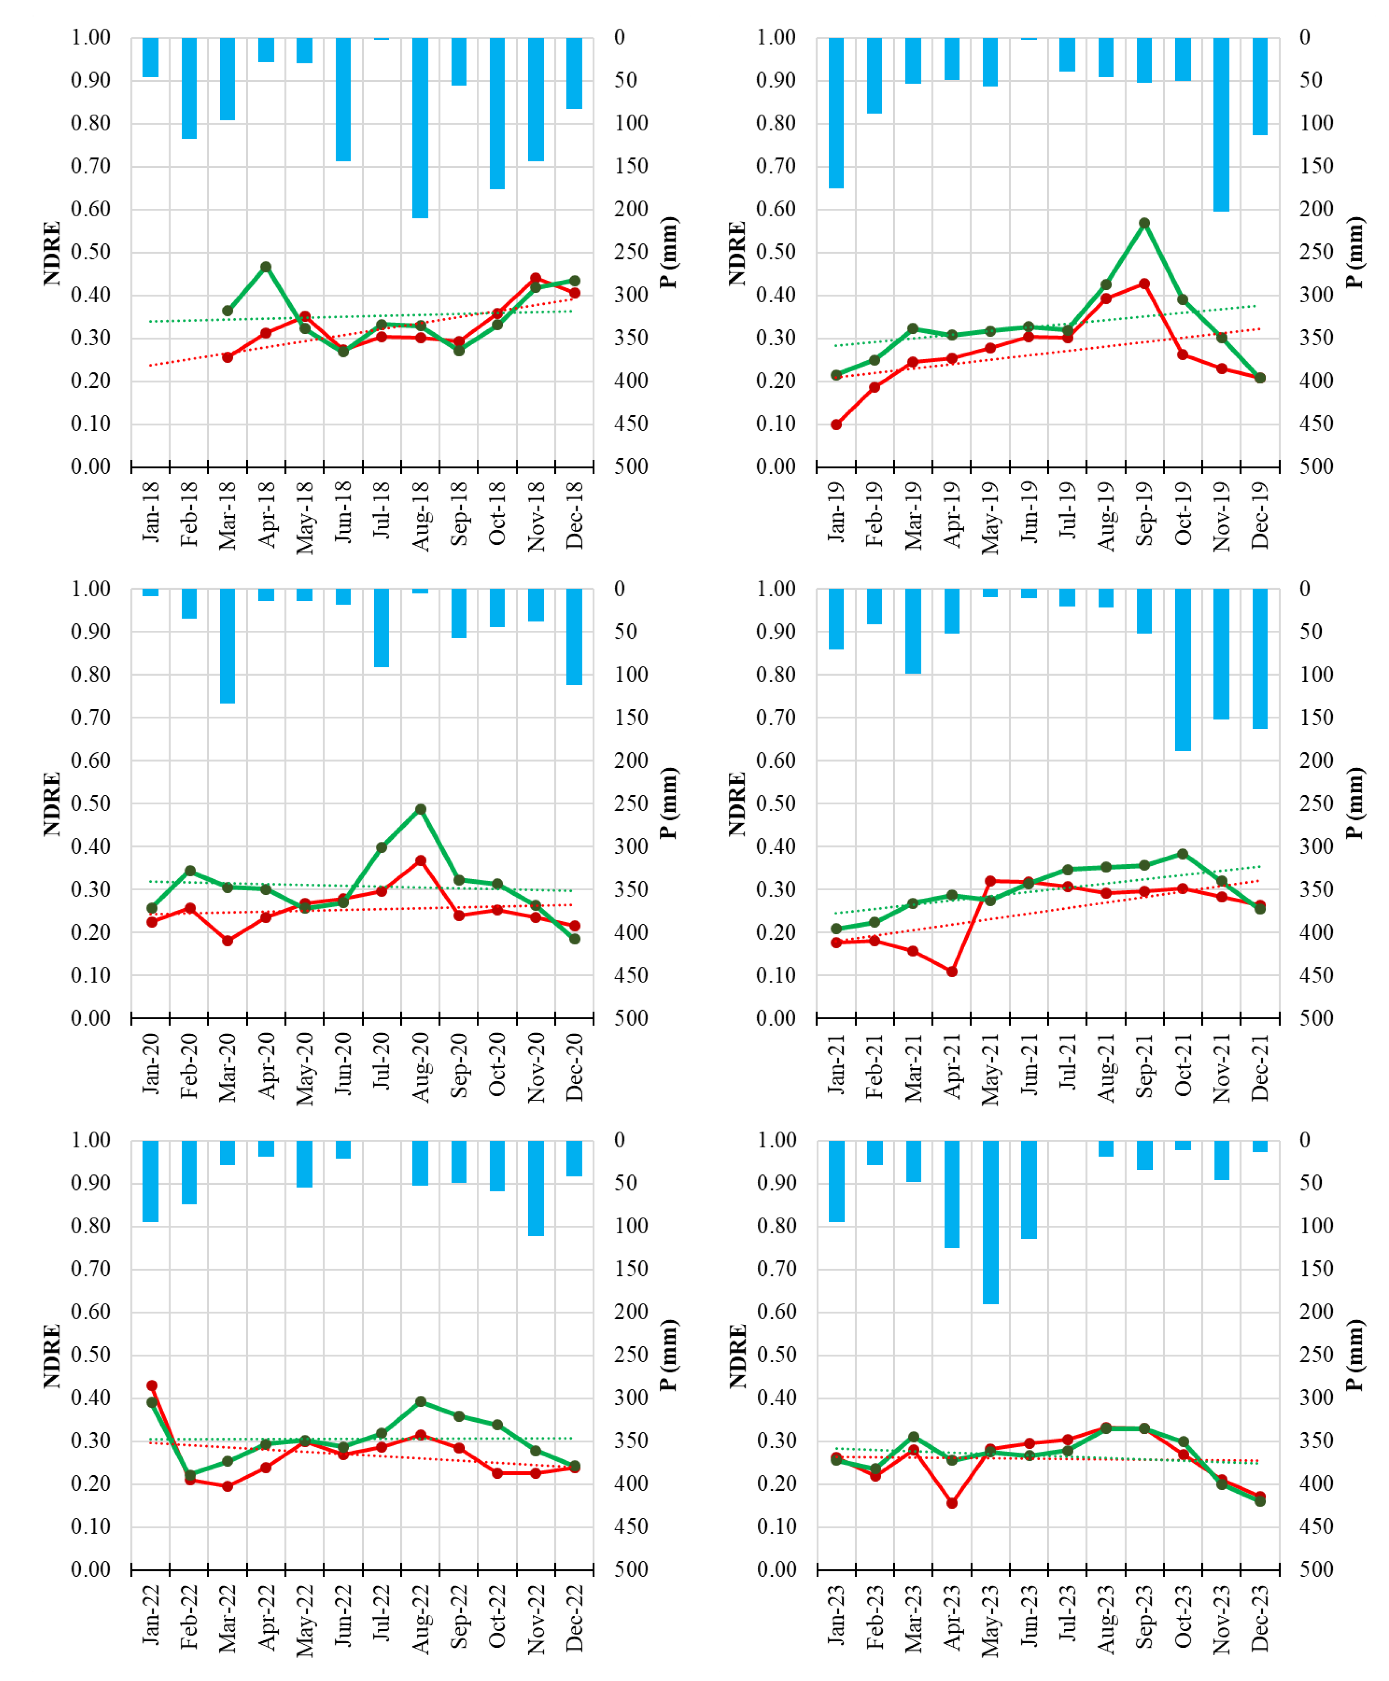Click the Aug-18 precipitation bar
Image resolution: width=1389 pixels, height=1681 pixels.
click(x=420, y=128)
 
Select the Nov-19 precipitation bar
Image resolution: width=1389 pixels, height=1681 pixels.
click(x=1221, y=124)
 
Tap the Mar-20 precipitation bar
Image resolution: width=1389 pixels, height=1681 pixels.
click(x=227, y=647)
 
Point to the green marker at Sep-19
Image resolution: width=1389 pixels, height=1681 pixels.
click(x=1144, y=223)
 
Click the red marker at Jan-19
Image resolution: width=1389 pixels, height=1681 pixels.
click(x=836, y=425)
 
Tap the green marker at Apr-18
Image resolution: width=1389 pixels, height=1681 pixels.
click(x=266, y=267)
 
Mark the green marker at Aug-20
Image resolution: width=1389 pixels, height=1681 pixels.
click(x=420, y=809)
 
